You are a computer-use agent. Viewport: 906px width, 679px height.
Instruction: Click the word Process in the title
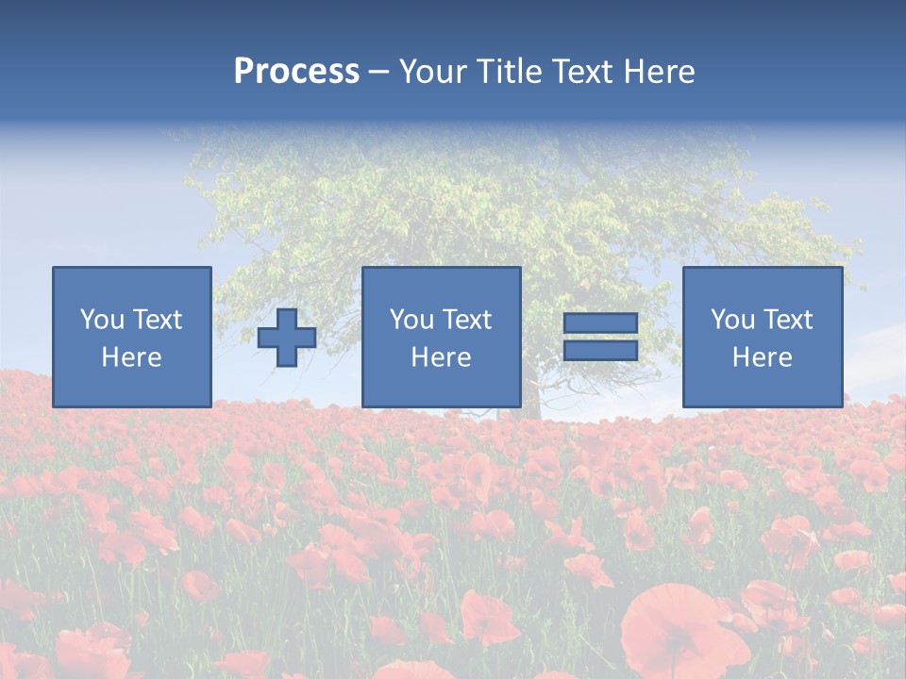pyautogui.click(x=296, y=72)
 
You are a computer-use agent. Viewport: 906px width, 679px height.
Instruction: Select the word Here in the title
pyautogui.click(x=657, y=72)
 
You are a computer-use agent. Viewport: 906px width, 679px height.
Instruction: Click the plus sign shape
pyautogui.click(x=287, y=338)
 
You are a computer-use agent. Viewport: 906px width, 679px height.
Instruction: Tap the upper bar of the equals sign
pyautogui.click(x=600, y=323)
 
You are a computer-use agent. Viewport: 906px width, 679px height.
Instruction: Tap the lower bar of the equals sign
pyautogui.click(x=600, y=351)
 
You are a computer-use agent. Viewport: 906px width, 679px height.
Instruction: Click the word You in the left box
pyautogui.click(x=102, y=320)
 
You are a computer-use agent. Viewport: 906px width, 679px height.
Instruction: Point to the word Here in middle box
pyautogui.click(x=441, y=357)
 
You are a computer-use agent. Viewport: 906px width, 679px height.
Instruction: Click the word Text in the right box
pyautogui.click(x=789, y=320)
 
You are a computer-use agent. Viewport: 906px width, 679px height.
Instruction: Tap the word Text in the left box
pyautogui.click(x=158, y=320)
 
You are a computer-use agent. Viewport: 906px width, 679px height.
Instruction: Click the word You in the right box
pyautogui.click(x=732, y=320)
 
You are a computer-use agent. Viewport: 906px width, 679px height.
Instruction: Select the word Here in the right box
pyautogui.click(x=762, y=357)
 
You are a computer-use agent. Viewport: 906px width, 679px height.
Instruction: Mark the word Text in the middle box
pyautogui.click(x=468, y=320)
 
